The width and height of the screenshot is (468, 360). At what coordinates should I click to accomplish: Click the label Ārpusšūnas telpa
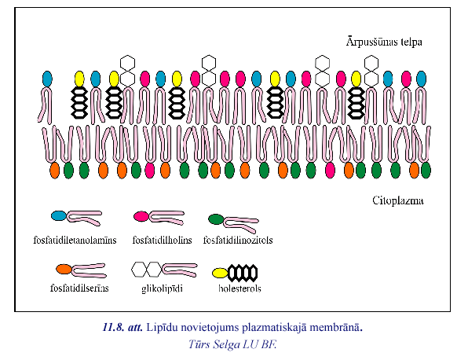point(384,42)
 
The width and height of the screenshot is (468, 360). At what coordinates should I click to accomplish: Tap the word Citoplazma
point(398,200)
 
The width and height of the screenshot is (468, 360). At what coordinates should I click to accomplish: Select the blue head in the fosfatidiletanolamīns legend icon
point(59,215)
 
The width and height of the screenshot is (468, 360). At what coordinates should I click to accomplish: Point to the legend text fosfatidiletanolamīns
point(75,240)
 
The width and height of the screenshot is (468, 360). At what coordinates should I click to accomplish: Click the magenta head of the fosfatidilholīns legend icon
point(141,216)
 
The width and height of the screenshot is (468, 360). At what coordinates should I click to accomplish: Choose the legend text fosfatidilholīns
point(162,240)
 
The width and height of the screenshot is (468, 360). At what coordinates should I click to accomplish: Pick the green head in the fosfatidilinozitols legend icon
point(216,219)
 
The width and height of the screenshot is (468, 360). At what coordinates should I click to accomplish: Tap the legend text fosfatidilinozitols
point(238,240)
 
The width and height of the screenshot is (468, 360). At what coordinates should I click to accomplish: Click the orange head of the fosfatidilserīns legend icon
point(64,269)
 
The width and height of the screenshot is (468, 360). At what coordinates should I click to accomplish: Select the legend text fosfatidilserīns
point(79,288)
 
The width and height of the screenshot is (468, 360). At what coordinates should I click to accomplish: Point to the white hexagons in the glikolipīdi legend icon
point(146,269)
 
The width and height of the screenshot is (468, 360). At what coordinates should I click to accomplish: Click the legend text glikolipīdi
point(162,288)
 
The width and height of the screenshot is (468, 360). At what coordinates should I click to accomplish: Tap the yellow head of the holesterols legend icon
point(220,273)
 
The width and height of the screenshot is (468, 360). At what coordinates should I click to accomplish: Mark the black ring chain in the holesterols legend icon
point(243,273)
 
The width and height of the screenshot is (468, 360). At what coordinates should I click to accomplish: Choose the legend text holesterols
point(239,288)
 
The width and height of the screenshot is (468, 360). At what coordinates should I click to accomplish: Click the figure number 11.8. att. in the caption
point(123,328)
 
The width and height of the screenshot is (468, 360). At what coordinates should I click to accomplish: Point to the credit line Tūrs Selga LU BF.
point(232,344)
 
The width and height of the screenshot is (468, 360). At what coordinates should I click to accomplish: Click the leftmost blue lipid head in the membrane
point(47,79)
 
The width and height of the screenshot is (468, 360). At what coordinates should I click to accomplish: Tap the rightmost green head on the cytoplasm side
point(426,171)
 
